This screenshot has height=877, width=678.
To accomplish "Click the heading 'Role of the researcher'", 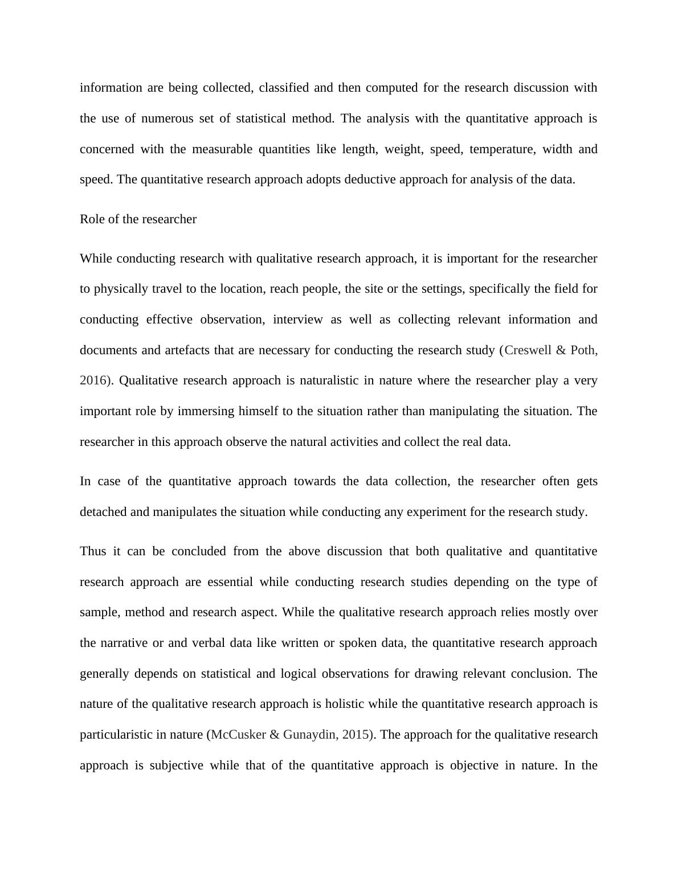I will [138, 219].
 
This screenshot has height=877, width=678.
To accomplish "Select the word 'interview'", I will [298, 319].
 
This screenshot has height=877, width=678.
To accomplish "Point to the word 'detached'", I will [104, 512].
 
